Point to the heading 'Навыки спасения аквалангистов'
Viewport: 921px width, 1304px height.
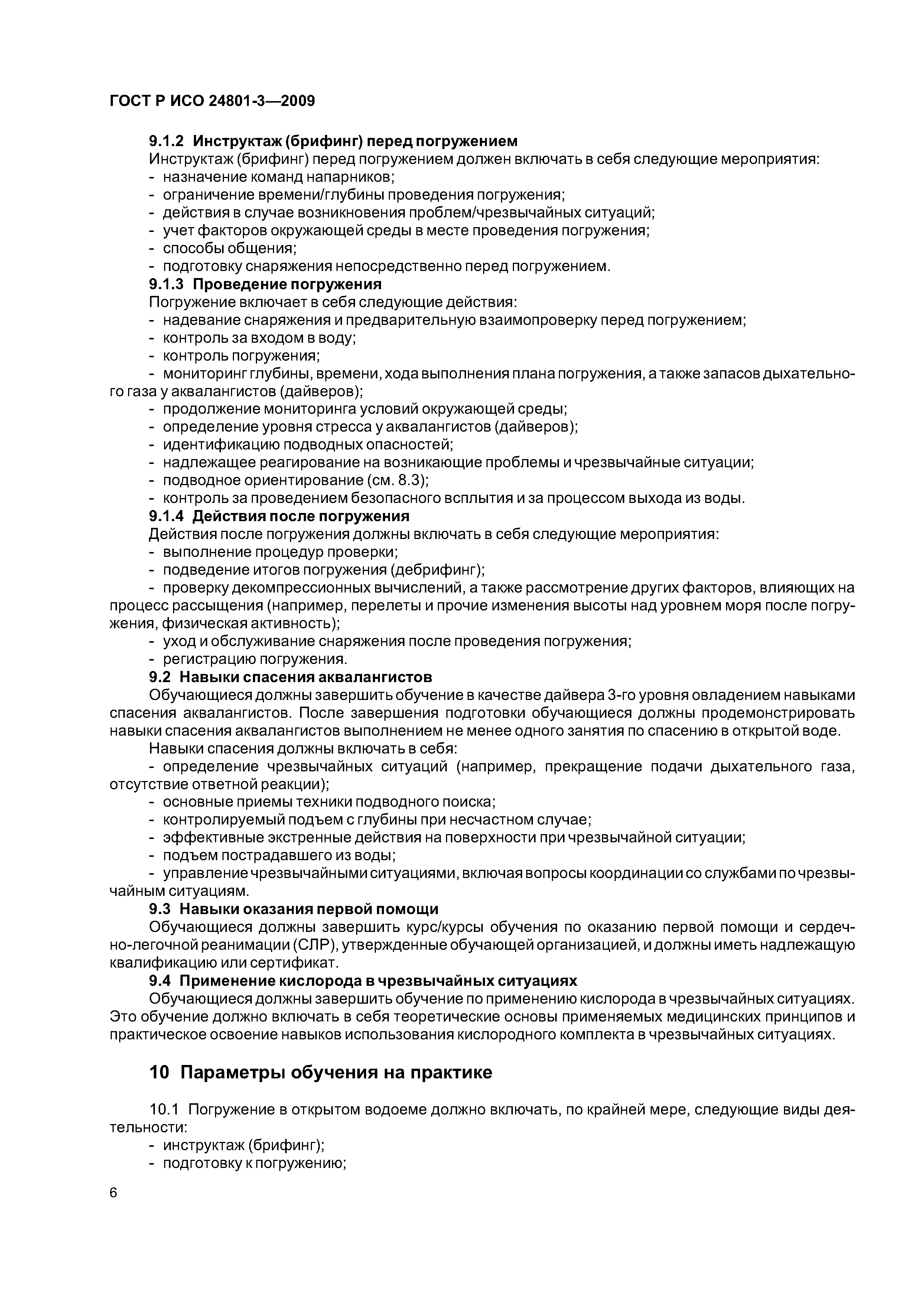[306, 678]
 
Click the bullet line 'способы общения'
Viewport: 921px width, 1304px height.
[230, 248]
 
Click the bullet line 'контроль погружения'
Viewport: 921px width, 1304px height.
[241, 355]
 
